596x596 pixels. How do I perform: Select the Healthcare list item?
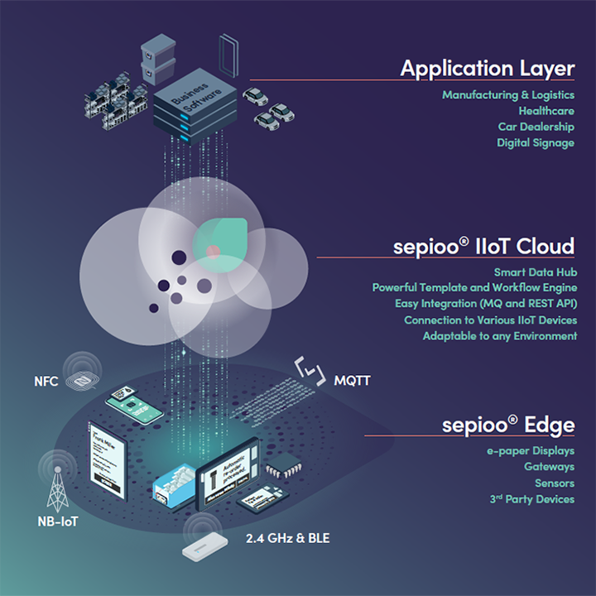tap(546, 111)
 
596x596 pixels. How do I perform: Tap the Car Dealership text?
tap(536, 127)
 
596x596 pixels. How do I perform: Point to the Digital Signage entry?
tap(536, 143)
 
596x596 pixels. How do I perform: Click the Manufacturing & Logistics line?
tap(508, 95)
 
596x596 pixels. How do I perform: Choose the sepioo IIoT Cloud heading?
tap(483, 246)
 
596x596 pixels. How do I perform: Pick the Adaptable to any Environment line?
tap(499, 336)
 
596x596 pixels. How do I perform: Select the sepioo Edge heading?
tap(507, 425)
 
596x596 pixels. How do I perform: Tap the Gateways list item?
tap(549, 467)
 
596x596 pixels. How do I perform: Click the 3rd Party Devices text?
tap(531, 499)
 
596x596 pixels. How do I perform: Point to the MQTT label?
tap(352, 382)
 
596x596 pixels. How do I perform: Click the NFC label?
tap(46, 382)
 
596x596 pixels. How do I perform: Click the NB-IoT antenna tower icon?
tap(58, 488)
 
